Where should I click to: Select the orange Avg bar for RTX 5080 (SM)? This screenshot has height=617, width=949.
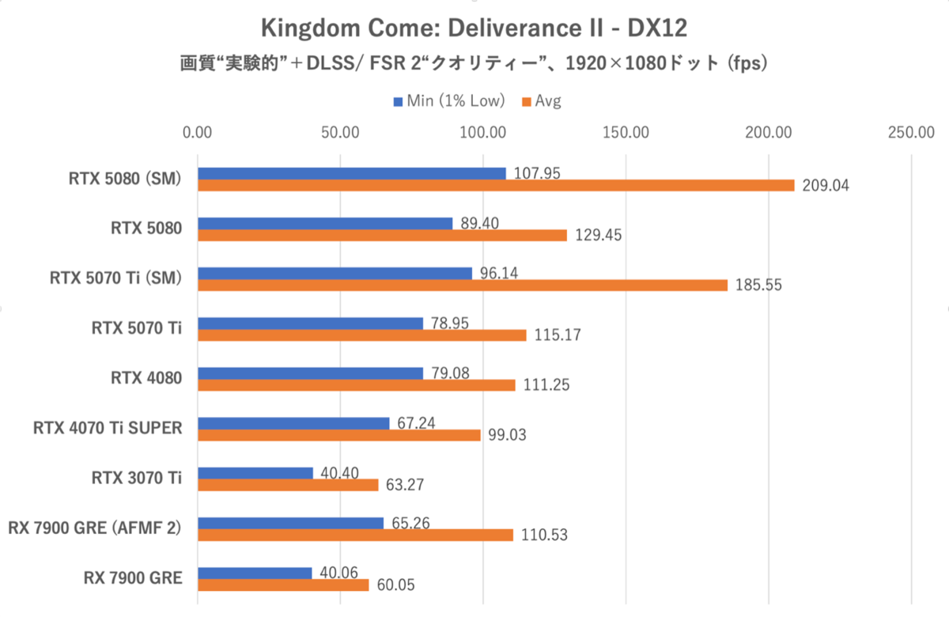(x=496, y=185)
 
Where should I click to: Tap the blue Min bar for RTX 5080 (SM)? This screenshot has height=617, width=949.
(x=351, y=173)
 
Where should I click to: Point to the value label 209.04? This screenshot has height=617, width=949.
(x=824, y=185)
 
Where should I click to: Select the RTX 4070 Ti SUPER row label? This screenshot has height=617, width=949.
(x=108, y=428)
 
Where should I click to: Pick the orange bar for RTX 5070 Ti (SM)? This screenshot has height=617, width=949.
(x=462, y=285)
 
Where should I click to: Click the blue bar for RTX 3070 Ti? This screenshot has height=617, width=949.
(x=255, y=473)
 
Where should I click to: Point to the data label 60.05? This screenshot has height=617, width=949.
(x=393, y=585)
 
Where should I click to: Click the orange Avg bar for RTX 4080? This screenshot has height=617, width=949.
(x=356, y=384)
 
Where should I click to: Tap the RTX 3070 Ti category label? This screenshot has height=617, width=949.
(x=138, y=478)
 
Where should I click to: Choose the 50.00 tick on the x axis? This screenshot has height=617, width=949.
(x=340, y=132)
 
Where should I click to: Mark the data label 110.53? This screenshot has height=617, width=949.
(x=544, y=536)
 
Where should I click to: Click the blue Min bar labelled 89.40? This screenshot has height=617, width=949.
(x=325, y=223)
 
